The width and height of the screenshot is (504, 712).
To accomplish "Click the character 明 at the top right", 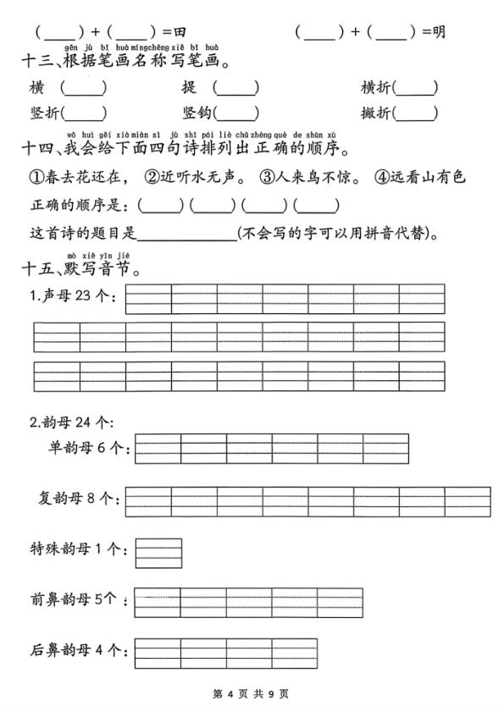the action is click(439, 32).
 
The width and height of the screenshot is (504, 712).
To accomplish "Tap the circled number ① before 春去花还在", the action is click(36, 177).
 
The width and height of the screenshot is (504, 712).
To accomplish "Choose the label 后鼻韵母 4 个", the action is click(76, 650).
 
